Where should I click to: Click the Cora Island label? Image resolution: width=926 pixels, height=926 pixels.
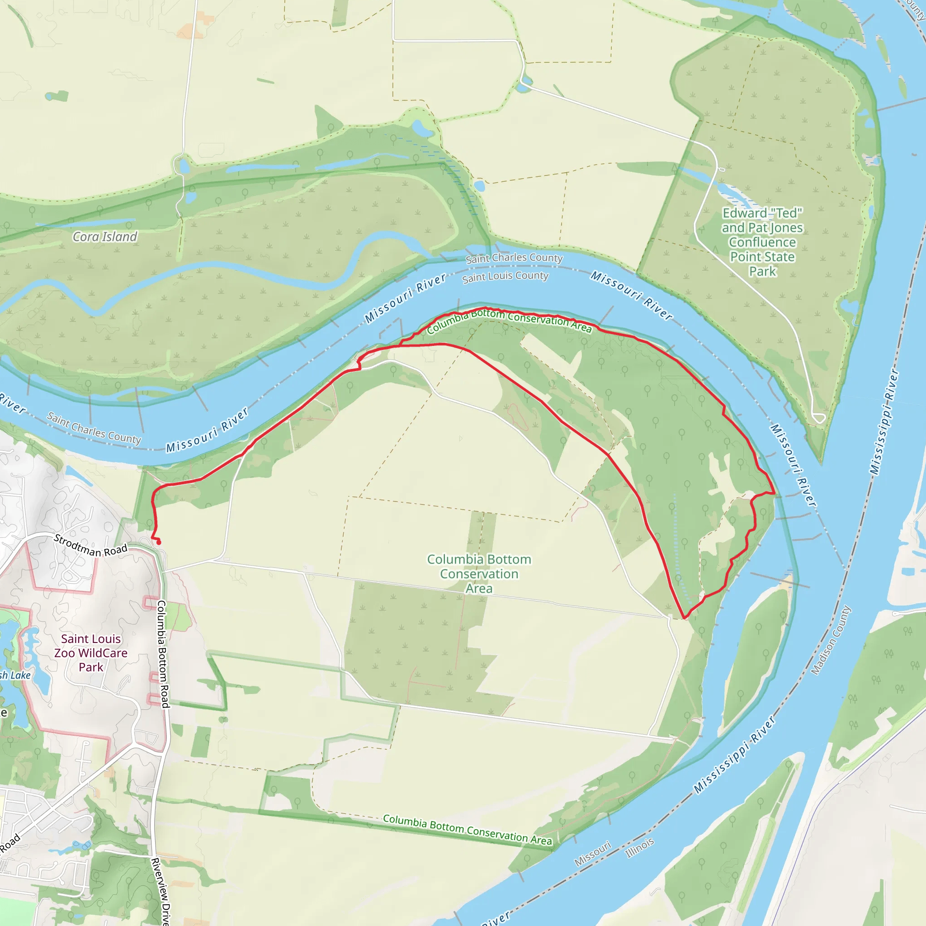click(104, 237)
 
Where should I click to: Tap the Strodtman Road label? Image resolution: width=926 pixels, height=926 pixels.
click(90, 546)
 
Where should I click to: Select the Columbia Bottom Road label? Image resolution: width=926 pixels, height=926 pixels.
click(163, 654)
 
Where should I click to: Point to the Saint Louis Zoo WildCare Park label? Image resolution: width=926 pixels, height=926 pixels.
click(90, 653)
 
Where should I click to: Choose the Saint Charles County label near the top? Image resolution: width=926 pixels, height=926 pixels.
click(514, 258)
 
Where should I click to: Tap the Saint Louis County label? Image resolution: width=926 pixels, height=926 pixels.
click(505, 277)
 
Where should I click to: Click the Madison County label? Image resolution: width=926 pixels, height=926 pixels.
click(831, 640)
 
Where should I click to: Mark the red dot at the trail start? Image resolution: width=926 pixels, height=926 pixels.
click(159, 543)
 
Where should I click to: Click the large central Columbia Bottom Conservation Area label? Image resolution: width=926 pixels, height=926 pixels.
click(479, 574)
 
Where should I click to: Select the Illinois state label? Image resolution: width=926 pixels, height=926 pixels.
click(639, 848)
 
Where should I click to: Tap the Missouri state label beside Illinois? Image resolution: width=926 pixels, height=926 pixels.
click(592, 854)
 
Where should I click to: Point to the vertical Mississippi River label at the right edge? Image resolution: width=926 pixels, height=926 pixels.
click(884, 421)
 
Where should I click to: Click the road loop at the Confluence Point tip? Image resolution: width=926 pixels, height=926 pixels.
click(818, 417)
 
